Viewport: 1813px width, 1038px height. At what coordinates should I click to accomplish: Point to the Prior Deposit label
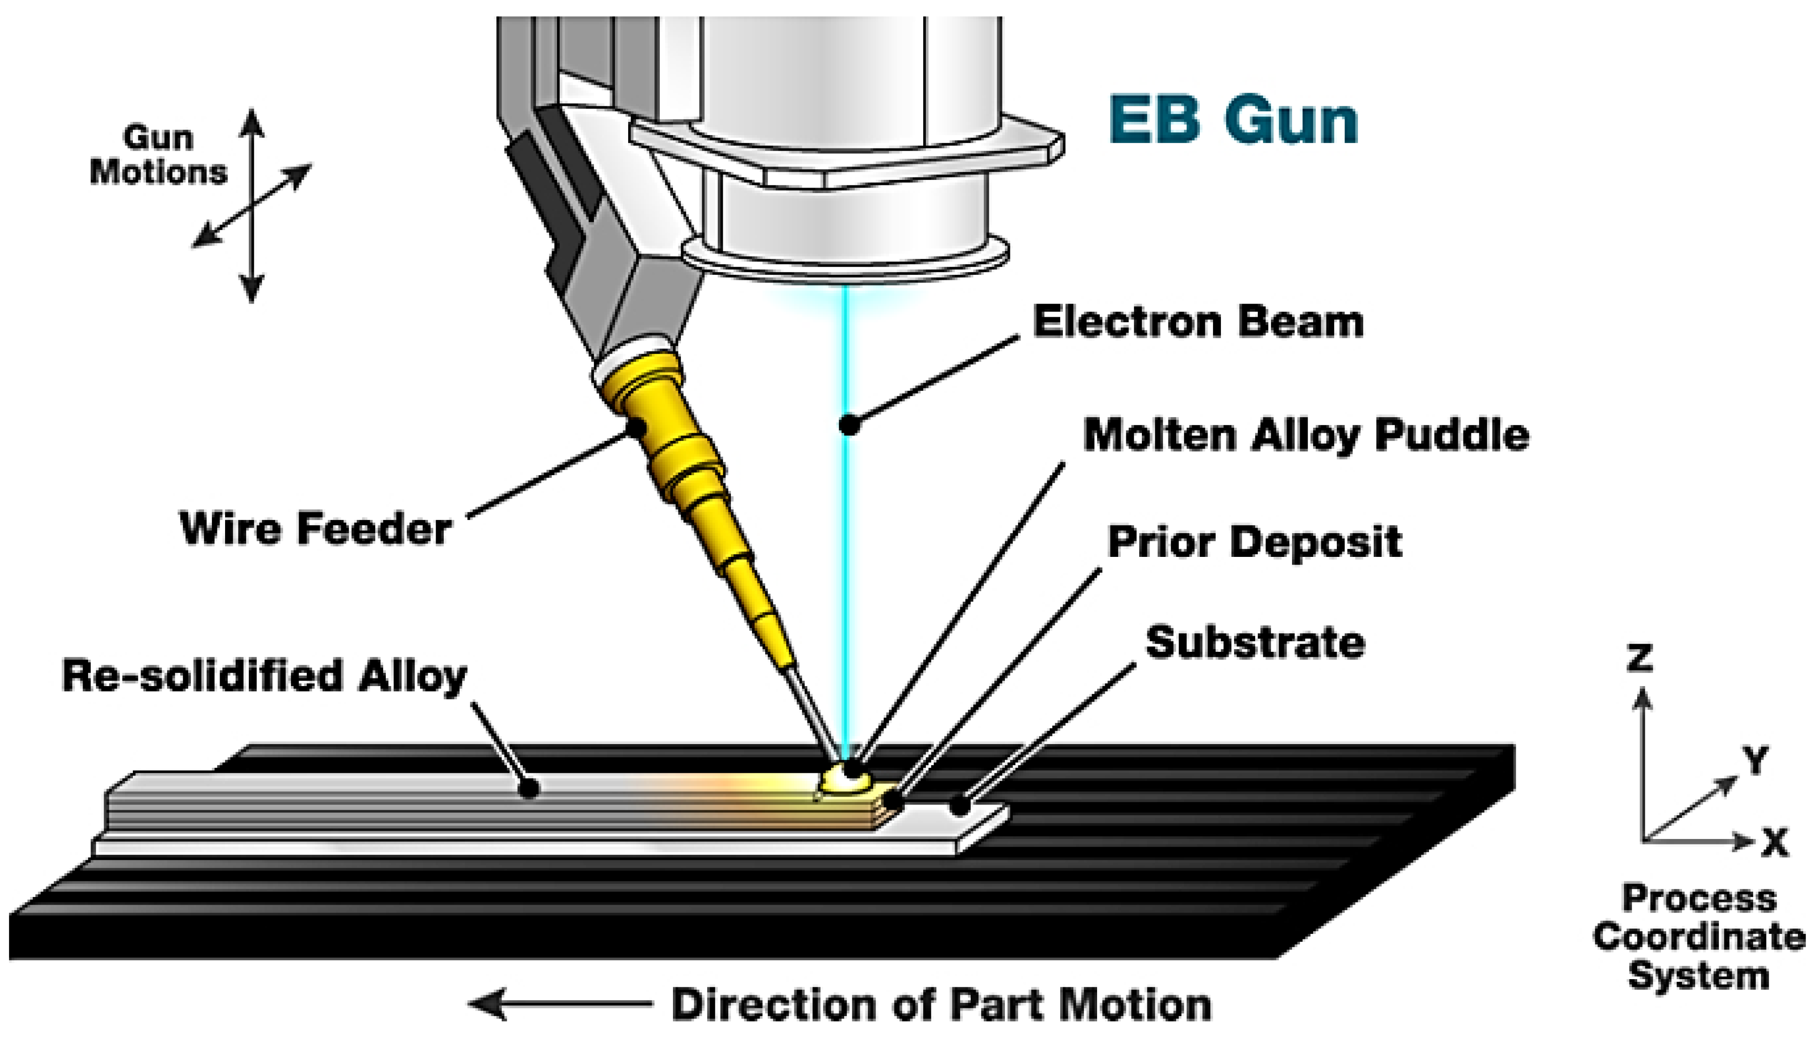pyautogui.click(x=1255, y=542)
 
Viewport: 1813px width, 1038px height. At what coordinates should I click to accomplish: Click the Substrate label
pyautogui.click(x=1255, y=642)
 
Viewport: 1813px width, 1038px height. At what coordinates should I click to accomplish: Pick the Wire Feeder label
pyautogui.click(x=316, y=529)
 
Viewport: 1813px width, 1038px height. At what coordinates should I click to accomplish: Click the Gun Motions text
pyautogui.click(x=158, y=155)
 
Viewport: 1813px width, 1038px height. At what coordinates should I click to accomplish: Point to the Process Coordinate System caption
pyautogui.click(x=1699, y=937)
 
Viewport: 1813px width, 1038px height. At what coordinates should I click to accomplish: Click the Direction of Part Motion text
pyautogui.click(x=941, y=1005)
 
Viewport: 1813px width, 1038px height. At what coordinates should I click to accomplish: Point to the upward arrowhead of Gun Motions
pyautogui.click(x=252, y=121)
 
